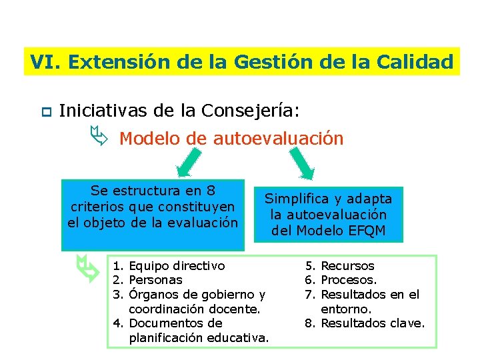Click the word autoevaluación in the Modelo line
[x=279, y=139]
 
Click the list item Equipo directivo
[x=176, y=266]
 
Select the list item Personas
[x=155, y=280]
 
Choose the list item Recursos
[x=347, y=266]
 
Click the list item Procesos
[x=349, y=280]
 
